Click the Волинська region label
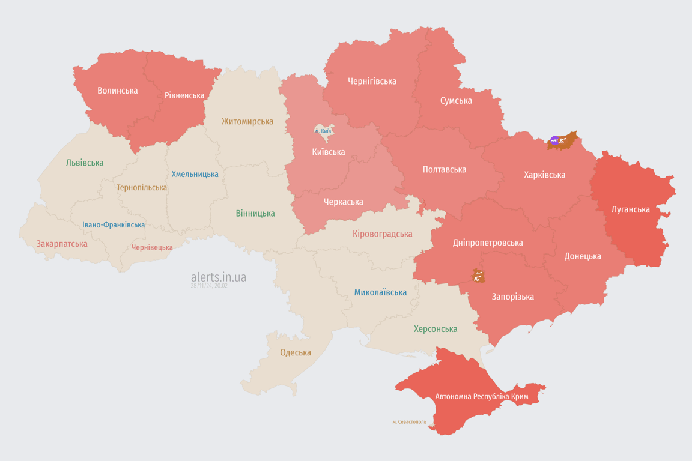[118, 91]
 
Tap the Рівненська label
[184, 95]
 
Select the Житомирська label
[247, 121]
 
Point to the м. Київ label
[323, 131]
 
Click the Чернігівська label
[372, 81]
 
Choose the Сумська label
[456, 100]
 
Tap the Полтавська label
[445, 169]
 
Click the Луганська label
[630, 209]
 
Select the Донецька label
[583, 256]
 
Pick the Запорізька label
[512, 297]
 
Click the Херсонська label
[436, 329]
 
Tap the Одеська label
[296, 352]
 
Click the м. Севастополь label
[409, 422]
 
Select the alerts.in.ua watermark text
[219, 277]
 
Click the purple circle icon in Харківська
[554, 141]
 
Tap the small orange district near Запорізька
[478, 276]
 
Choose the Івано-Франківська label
[114, 225]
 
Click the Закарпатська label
[62, 244]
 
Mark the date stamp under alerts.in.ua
[209, 286]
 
